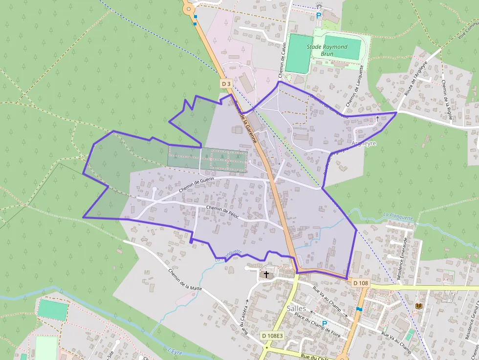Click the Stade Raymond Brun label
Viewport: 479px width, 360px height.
pyautogui.click(x=327, y=50)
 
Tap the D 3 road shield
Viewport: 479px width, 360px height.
pyautogui.click(x=225, y=84)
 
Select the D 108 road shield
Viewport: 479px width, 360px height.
pyautogui.click(x=360, y=283)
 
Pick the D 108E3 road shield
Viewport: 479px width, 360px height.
pyautogui.click(x=272, y=336)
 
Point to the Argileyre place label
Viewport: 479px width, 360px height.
pyautogui.click(x=364, y=144)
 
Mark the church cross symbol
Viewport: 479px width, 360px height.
pyautogui.click(x=266, y=275)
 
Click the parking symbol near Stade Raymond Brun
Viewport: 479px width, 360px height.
pyautogui.click(x=319, y=16)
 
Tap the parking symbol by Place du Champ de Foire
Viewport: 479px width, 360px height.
pyautogui.click(x=324, y=323)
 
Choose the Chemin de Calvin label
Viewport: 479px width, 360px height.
pyautogui.click(x=282, y=60)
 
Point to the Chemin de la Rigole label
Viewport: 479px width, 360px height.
pyautogui.click(x=447, y=100)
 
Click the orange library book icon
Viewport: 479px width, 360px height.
pyautogui.click(x=419, y=306)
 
